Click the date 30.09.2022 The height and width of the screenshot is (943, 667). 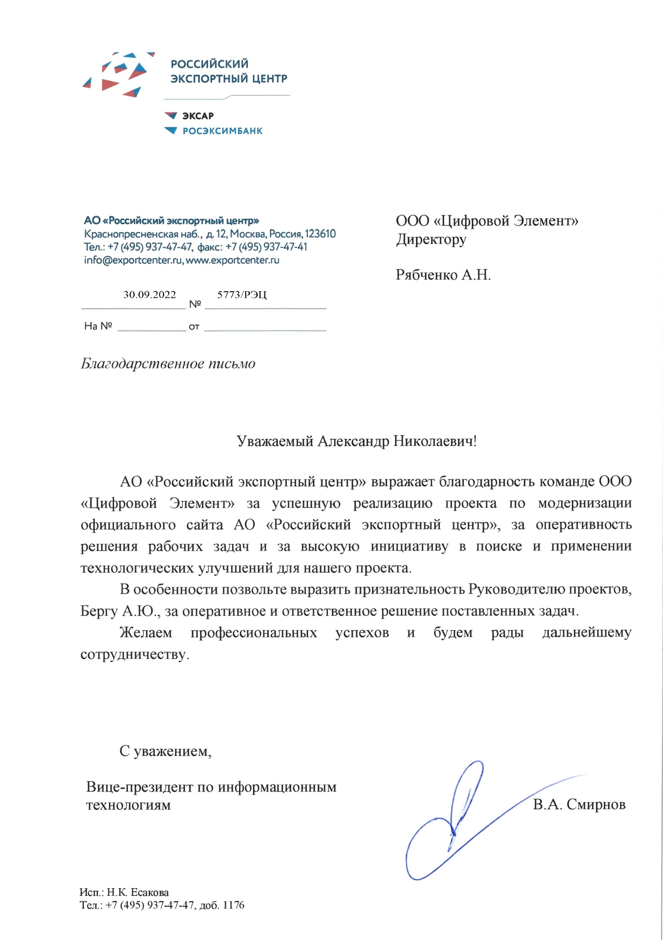(x=149, y=294)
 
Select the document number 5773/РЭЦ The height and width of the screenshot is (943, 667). (x=241, y=294)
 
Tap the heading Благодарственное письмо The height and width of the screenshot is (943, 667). (x=168, y=364)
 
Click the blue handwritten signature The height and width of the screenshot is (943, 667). (x=457, y=822)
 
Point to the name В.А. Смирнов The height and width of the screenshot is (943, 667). (x=579, y=804)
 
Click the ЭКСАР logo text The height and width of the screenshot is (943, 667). (x=198, y=116)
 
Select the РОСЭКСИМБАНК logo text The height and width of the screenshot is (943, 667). (x=223, y=131)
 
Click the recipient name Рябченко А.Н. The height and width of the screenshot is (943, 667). (x=443, y=275)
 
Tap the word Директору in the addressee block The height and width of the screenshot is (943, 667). (x=431, y=239)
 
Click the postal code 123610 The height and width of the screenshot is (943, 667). (x=320, y=234)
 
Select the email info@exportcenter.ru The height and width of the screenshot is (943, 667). (x=133, y=260)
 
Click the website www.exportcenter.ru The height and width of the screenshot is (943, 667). (x=233, y=260)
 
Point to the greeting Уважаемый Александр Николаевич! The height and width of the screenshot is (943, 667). (x=356, y=442)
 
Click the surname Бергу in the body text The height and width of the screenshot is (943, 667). (x=99, y=611)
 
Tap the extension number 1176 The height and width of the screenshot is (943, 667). (x=233, y=905)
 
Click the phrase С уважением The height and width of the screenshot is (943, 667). (x=165, y=751)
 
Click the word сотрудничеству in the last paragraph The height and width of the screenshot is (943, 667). (x=134, y=654)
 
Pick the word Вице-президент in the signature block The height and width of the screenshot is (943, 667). (x=139, y=787)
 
